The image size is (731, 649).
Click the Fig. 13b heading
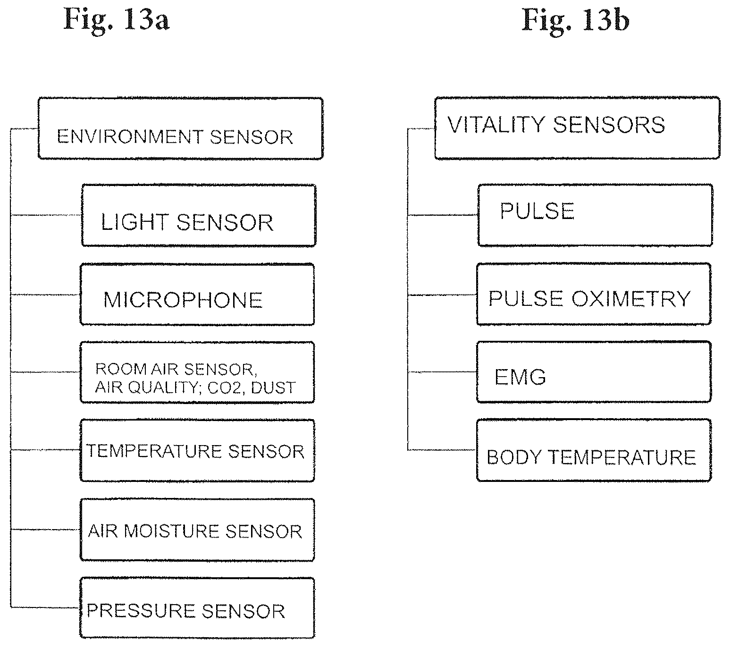[x=575, y=21]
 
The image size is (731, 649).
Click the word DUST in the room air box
[x=273, y=388]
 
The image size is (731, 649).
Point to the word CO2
[x=224, y=388]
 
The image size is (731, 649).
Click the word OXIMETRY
[x=631, y=299]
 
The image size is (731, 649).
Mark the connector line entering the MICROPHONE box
[x=45, y=295]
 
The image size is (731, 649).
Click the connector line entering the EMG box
[x=442, y=372]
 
